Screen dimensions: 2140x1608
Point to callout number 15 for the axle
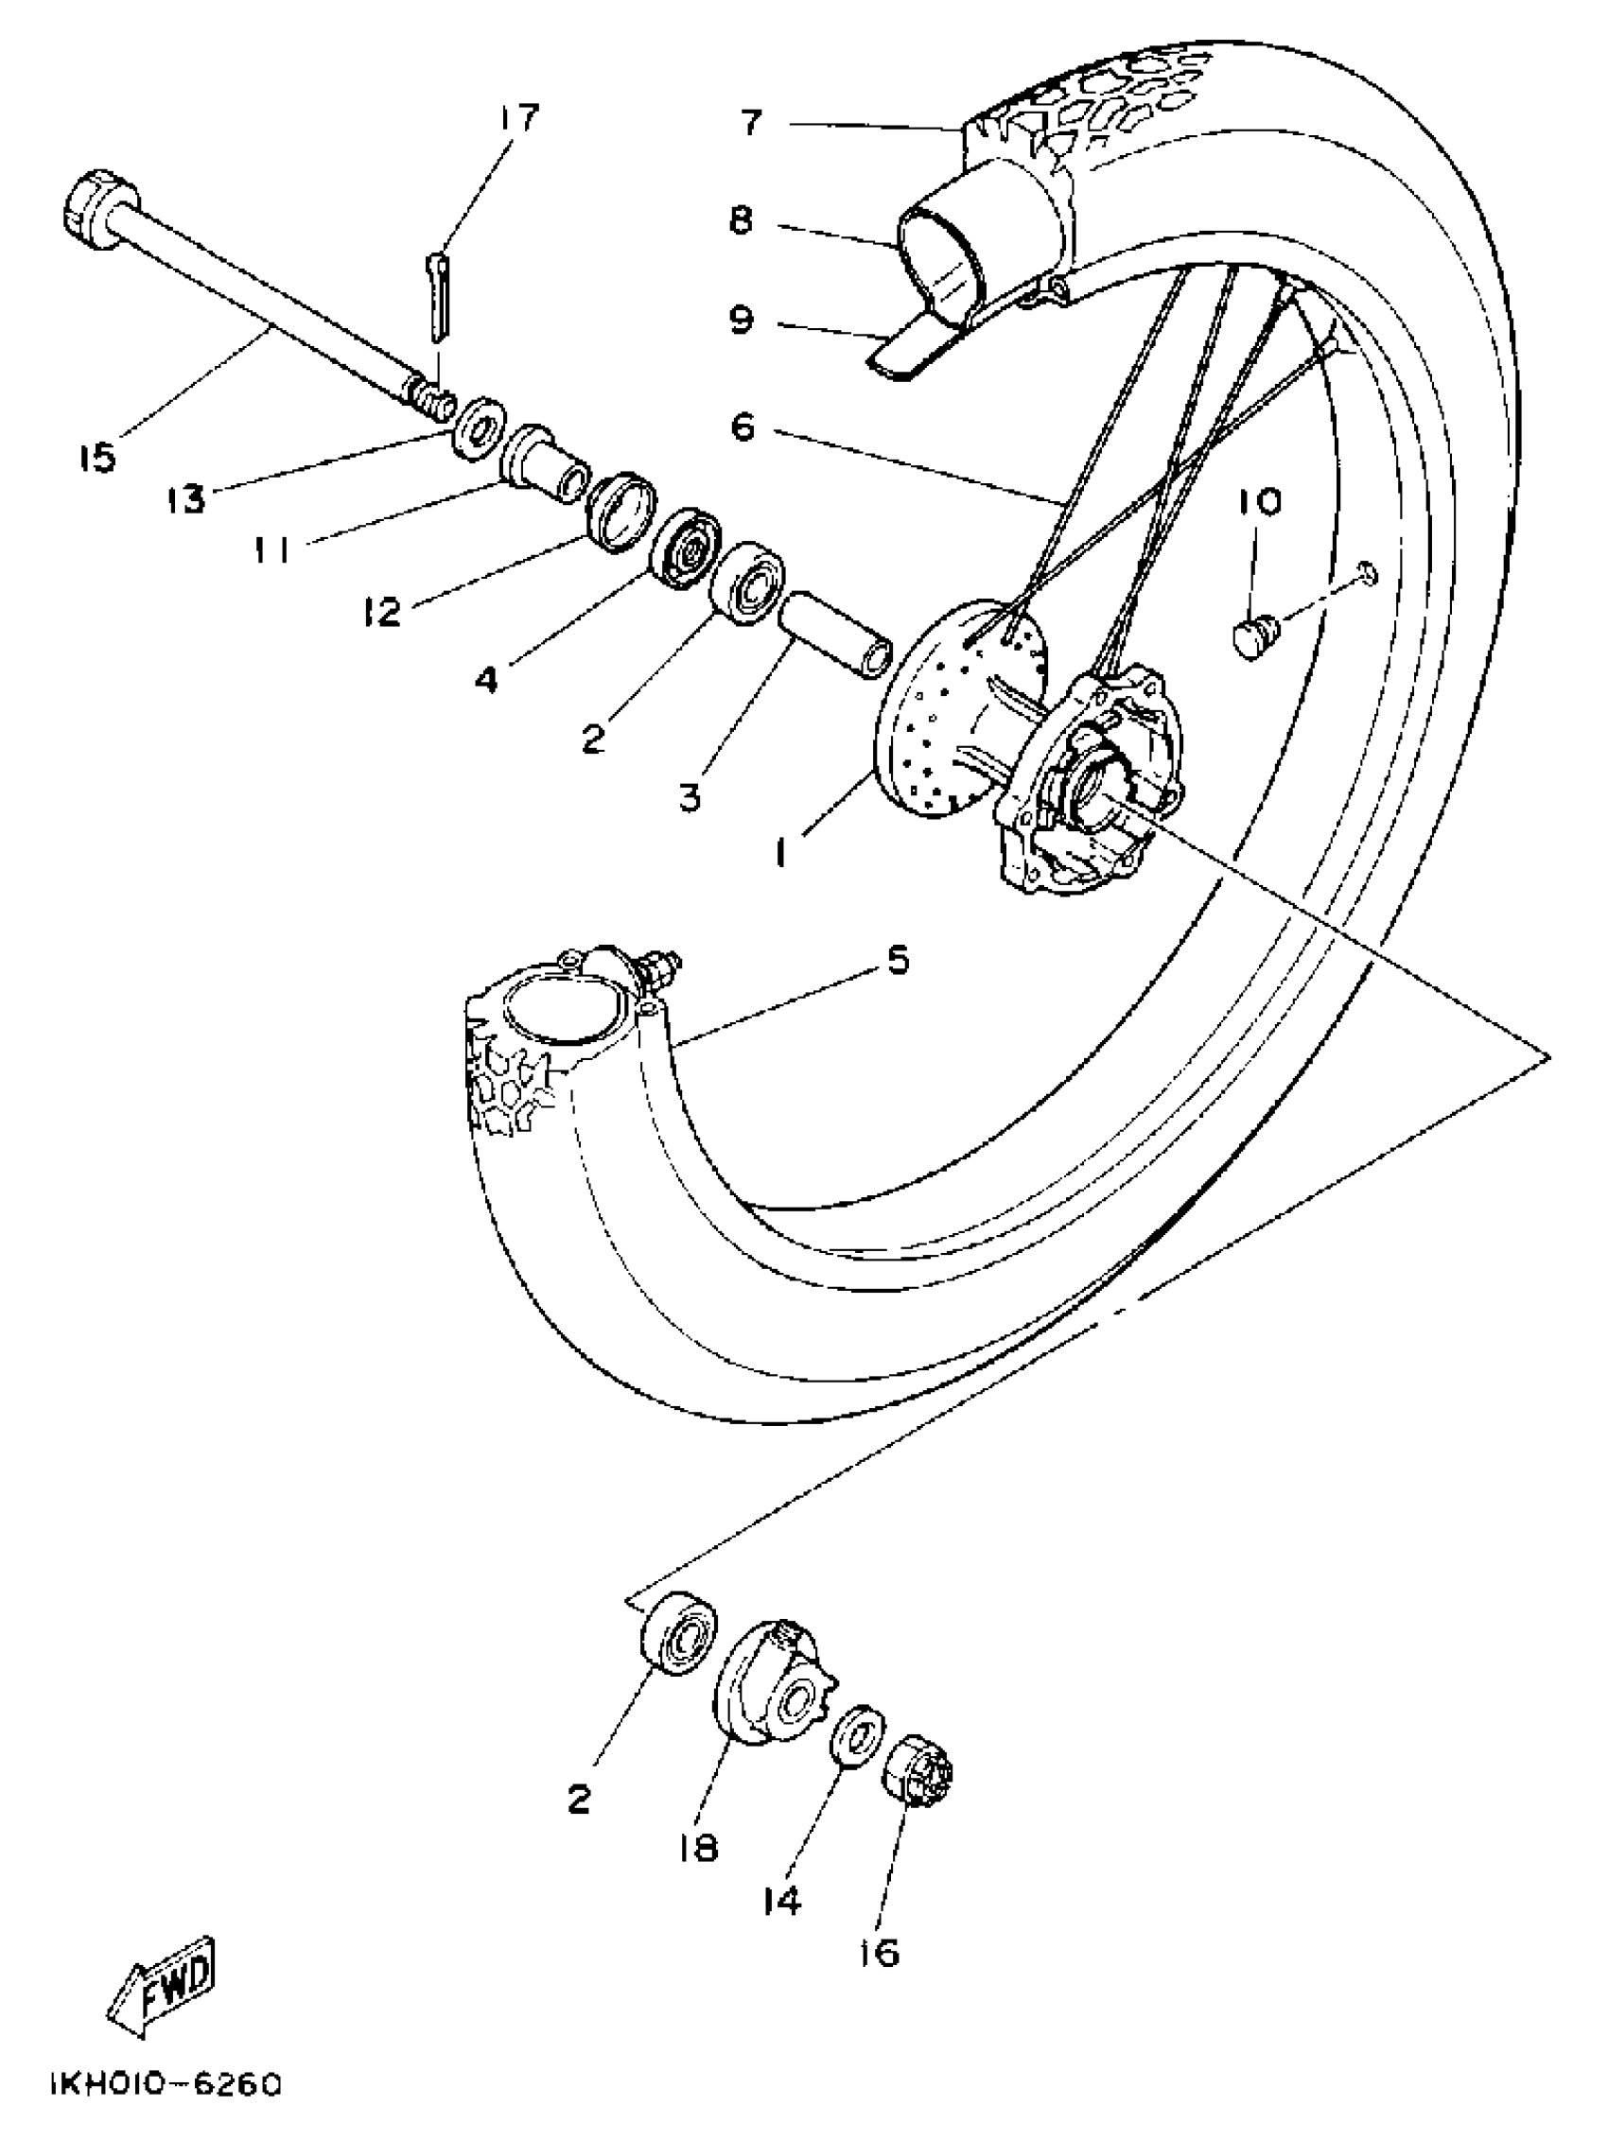coord(97,457)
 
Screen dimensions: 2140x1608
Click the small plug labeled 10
coord(1255,637)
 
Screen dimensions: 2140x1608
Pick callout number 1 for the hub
coord(779,853)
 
